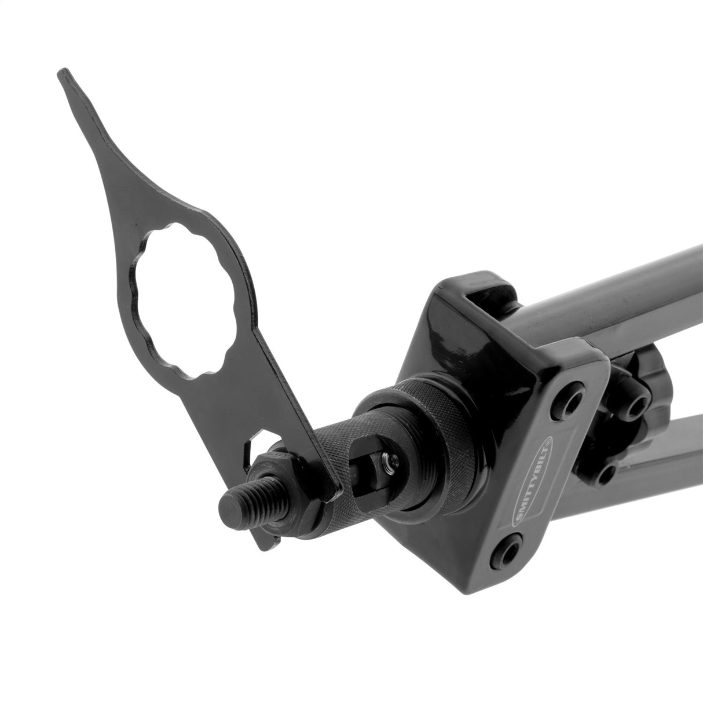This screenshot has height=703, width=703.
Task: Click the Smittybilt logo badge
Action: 532,473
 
